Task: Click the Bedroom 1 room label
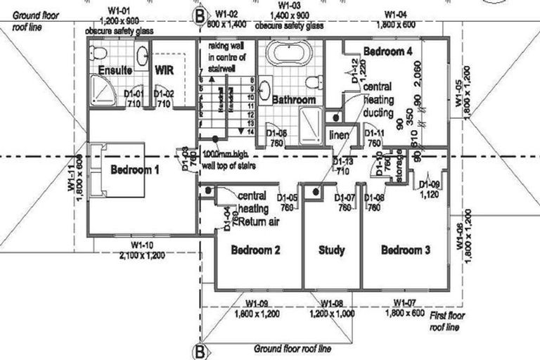click(135, 169)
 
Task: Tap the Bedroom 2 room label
click(256, 250)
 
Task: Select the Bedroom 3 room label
click(406, 250)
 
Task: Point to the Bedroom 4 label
click(387, 51)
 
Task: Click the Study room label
click(331, 250)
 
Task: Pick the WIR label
click(165, 70)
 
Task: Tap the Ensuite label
click(115, 70)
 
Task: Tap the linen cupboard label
click(340, 134)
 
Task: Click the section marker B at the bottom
click(200, 349)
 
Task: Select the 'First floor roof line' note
click(446, 322)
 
